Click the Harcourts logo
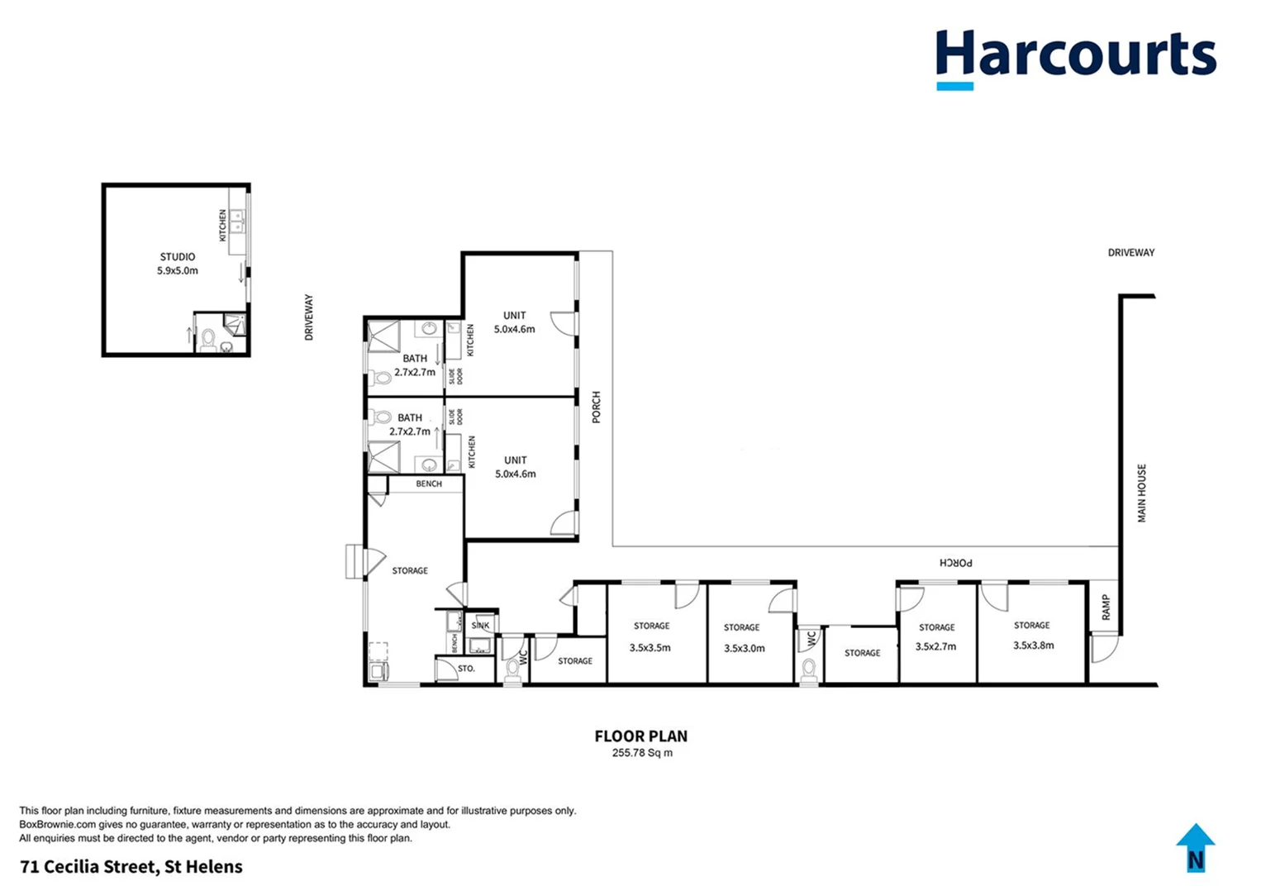pyautogui.click(x=1075, y=58)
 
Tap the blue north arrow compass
pyautogui.click(x=1195, y=848)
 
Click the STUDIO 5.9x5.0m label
pyautogui.click(x=178, y=264)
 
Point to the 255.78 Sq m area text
pyautogui.click(x=641, y=753)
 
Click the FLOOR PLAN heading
pyautogui.click(x=640, y=736)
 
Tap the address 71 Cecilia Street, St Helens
pyautogui.click(x=131, y=866)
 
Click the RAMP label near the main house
pyautogui.click(x=1106, y=608)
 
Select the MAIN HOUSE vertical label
pyautogui.click(x=1142, y=493)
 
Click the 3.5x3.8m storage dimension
pyautogui.click(x=1033, y=646)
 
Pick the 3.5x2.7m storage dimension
pyautogui.click(x=935, y=646)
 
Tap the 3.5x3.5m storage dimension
pyautogui.click(x=650, y=647)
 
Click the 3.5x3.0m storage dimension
pyautogui.click(x=744, y=648)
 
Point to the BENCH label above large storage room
pyautogui.click(x=428, y=484)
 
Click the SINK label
pyautogui.click(x=480, y=626)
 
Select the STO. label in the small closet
pyautogui.click(x=466, y=668)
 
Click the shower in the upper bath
pyautogui.click(x=383, y=336)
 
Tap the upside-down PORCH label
pyautogui.click(x=956, y=562)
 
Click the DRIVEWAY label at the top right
pyautogui.click(x=1130, y=252)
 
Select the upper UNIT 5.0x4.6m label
pyautogui.click(x=514, y=322)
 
